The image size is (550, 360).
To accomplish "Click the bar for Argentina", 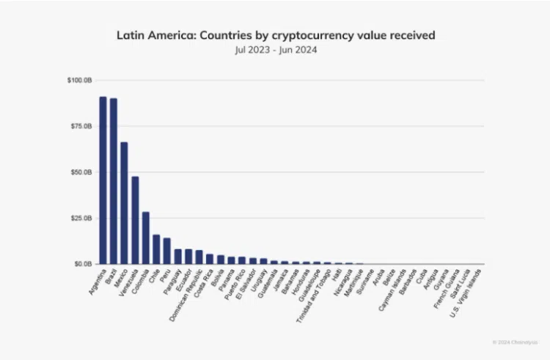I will (103, 180).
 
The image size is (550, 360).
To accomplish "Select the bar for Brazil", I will (114, 180).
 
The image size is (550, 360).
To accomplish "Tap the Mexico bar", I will (125, 202).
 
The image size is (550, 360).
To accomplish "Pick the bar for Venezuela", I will (135, 220).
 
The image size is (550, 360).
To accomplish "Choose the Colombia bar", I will (146, 238).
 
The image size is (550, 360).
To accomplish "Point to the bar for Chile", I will (156, 249).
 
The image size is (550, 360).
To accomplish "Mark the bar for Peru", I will (167, 251).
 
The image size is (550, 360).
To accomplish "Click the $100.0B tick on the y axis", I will (79, 80).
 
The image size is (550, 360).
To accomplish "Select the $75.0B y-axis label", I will (81, 126).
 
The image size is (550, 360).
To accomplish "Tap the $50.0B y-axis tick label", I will (81, 172).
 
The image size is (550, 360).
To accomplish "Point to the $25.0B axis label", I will (81, 218).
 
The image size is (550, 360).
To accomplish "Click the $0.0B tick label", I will (82, 264).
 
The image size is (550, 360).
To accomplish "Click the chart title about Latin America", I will (276, 34).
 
